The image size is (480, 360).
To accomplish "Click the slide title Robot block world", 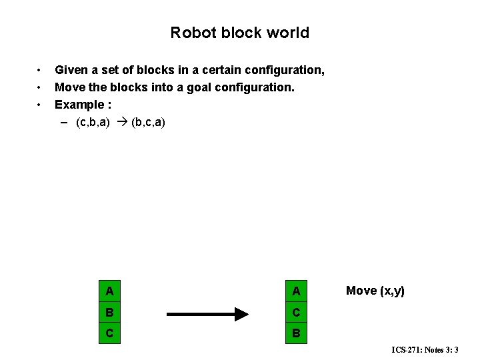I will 239,33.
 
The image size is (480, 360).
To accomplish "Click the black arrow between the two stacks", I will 207,313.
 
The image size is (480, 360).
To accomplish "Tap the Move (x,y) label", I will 375,291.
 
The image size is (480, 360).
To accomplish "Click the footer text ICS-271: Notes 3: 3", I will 425,349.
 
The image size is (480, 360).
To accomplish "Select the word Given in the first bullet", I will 70,70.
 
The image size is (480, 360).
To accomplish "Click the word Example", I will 78,105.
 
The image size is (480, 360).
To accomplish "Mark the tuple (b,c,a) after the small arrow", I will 149,123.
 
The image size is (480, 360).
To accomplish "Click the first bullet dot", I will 40,70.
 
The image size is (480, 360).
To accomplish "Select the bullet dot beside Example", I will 40,105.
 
